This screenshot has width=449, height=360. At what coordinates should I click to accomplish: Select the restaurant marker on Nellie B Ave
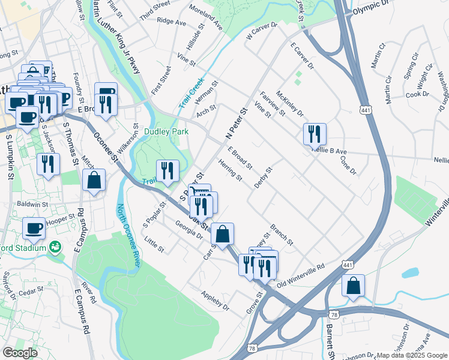coord(315,135)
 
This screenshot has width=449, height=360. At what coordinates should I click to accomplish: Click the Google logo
coord(20,353)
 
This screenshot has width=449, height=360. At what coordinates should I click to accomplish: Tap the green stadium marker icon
coord(56,247)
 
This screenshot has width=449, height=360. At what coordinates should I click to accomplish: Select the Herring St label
coord(230,170)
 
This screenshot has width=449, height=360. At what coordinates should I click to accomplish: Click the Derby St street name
coord(263,178)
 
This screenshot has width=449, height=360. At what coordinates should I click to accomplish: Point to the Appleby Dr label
coord(215,299)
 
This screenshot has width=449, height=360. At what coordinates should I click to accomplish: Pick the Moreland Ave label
coord(205,17)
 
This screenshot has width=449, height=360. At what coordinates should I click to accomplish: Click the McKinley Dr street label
coord(290,104)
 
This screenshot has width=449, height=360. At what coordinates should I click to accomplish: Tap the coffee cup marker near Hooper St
coord(34,227)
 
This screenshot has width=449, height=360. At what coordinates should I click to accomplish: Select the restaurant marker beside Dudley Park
coord(167,172)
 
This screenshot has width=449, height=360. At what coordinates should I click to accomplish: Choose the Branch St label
coord(281,235)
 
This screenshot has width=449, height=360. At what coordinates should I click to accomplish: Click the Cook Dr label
coord(417,94)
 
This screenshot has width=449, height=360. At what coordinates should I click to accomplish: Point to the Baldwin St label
coord(32,204)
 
